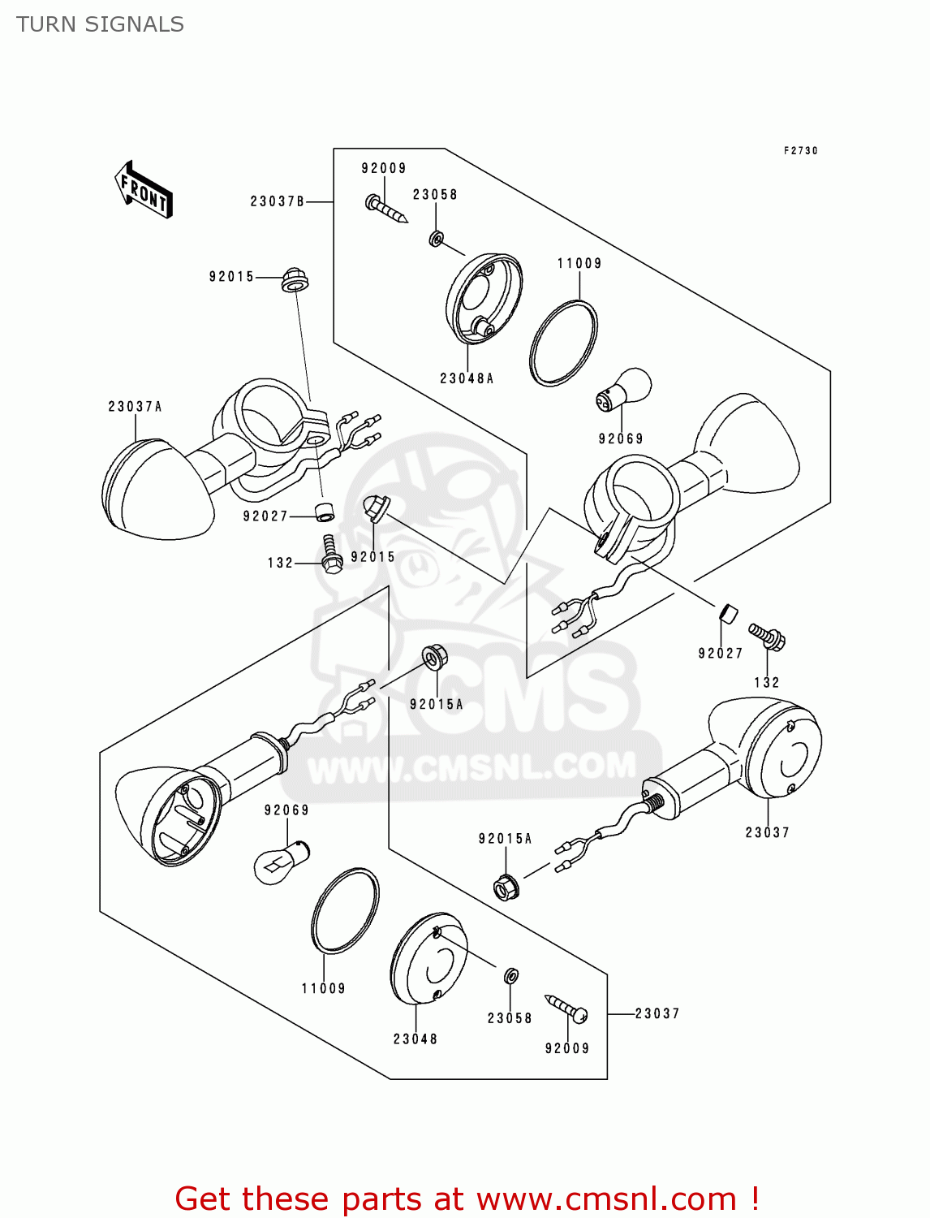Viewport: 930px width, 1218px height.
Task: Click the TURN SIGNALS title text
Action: point(100,24)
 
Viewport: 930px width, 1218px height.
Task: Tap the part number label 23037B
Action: point(277,201)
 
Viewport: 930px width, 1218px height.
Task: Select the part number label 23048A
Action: point(467,378)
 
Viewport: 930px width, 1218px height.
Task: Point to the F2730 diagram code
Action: point(800,151)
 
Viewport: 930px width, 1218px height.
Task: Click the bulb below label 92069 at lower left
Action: point(281,863)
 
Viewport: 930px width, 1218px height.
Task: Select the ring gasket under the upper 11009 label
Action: point(563,343)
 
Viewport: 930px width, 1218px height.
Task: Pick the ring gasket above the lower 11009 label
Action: point(345,910)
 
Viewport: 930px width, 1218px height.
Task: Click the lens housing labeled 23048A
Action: point(483,299)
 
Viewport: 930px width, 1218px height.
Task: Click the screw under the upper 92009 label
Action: point(385,208)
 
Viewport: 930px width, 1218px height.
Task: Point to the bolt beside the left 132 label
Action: point(330,554)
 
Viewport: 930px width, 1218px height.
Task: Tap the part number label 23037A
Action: point(135,407)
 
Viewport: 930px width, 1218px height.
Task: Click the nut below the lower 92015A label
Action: point(506,885)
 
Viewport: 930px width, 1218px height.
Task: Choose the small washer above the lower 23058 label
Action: point(510,975)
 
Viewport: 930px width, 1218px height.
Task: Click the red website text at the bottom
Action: point(467,1199)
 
